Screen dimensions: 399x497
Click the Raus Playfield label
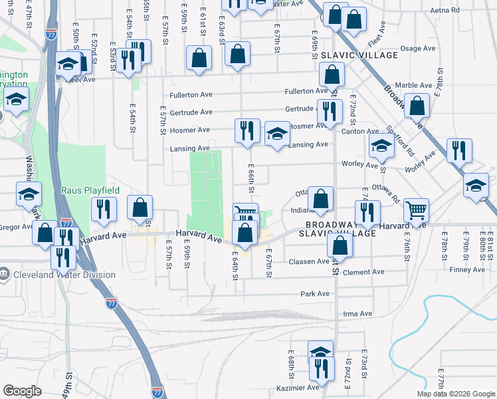(90, 190)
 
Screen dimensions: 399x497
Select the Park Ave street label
(314, 293)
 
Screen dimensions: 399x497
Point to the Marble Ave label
(413, 85)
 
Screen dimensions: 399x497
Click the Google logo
(22, 391)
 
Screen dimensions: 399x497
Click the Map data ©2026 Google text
(456, 394)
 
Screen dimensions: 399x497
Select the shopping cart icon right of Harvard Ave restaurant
(416, 210)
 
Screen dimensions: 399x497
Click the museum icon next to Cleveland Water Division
(5, 274)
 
